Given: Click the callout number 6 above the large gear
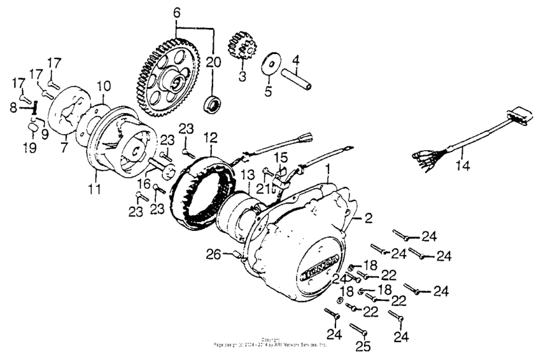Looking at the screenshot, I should (x=176, y=12).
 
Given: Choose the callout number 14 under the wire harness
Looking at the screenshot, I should (x=463, y=167).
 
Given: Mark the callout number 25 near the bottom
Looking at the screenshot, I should (x=363, y=347).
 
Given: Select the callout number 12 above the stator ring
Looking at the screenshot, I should (x=211, y=137).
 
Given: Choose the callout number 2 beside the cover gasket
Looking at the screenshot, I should (x=367, y=218).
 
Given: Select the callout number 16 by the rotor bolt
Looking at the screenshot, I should (x=144, y=184).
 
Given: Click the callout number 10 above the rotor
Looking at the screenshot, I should (x=104, y=85).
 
